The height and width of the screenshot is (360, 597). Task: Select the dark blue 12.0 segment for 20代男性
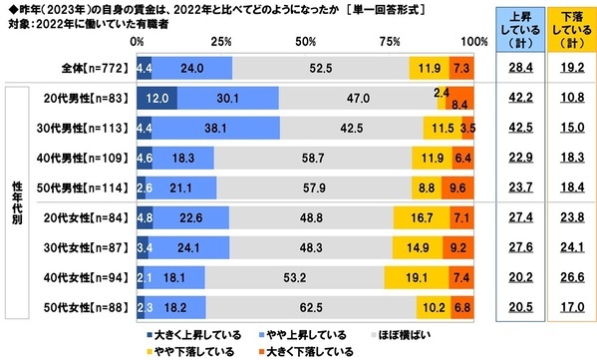click(156, 100)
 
